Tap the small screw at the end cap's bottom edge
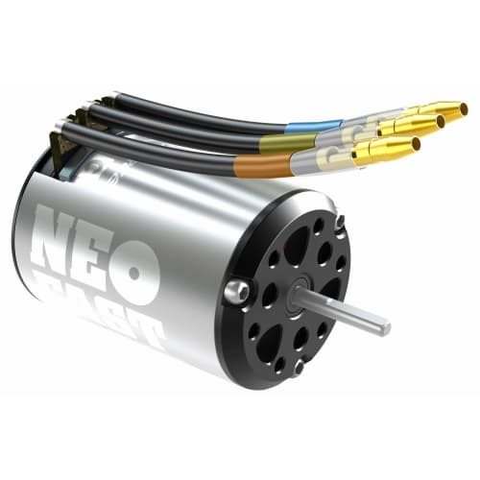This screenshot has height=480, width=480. point(299,366)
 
